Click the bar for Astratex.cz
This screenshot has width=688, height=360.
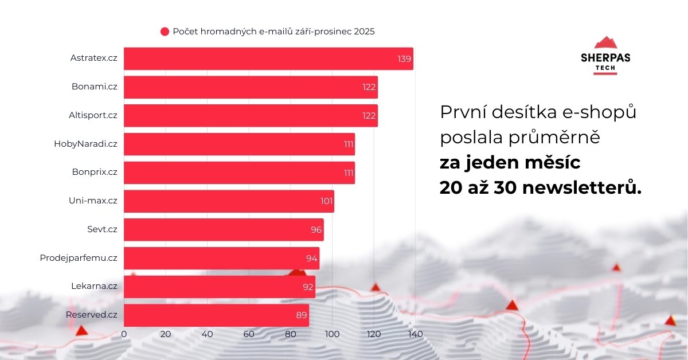(268, 58)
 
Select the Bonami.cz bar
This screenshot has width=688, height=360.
(251, 87)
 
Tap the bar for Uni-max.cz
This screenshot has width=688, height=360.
(229, 201)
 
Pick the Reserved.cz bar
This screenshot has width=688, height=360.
(216, 315)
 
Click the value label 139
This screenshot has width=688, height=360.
(404, 59)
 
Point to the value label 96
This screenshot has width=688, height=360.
(316, 230)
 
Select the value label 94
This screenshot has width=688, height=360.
(311, 259)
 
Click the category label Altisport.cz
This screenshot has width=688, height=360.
(93, 115)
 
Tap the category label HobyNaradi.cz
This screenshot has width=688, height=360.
(85, 144)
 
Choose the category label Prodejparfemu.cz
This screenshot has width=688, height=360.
(79, 258)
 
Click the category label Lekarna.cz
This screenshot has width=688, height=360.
(94, 287)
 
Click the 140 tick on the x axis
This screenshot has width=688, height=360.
(415, 334)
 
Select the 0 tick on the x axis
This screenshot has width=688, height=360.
(124, 334)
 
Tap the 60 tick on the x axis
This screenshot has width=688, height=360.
(249, 334)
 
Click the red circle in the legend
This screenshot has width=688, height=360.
(165, 32)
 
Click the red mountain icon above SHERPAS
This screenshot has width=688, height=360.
(605, 43)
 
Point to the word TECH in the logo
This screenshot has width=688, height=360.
(605, 67)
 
